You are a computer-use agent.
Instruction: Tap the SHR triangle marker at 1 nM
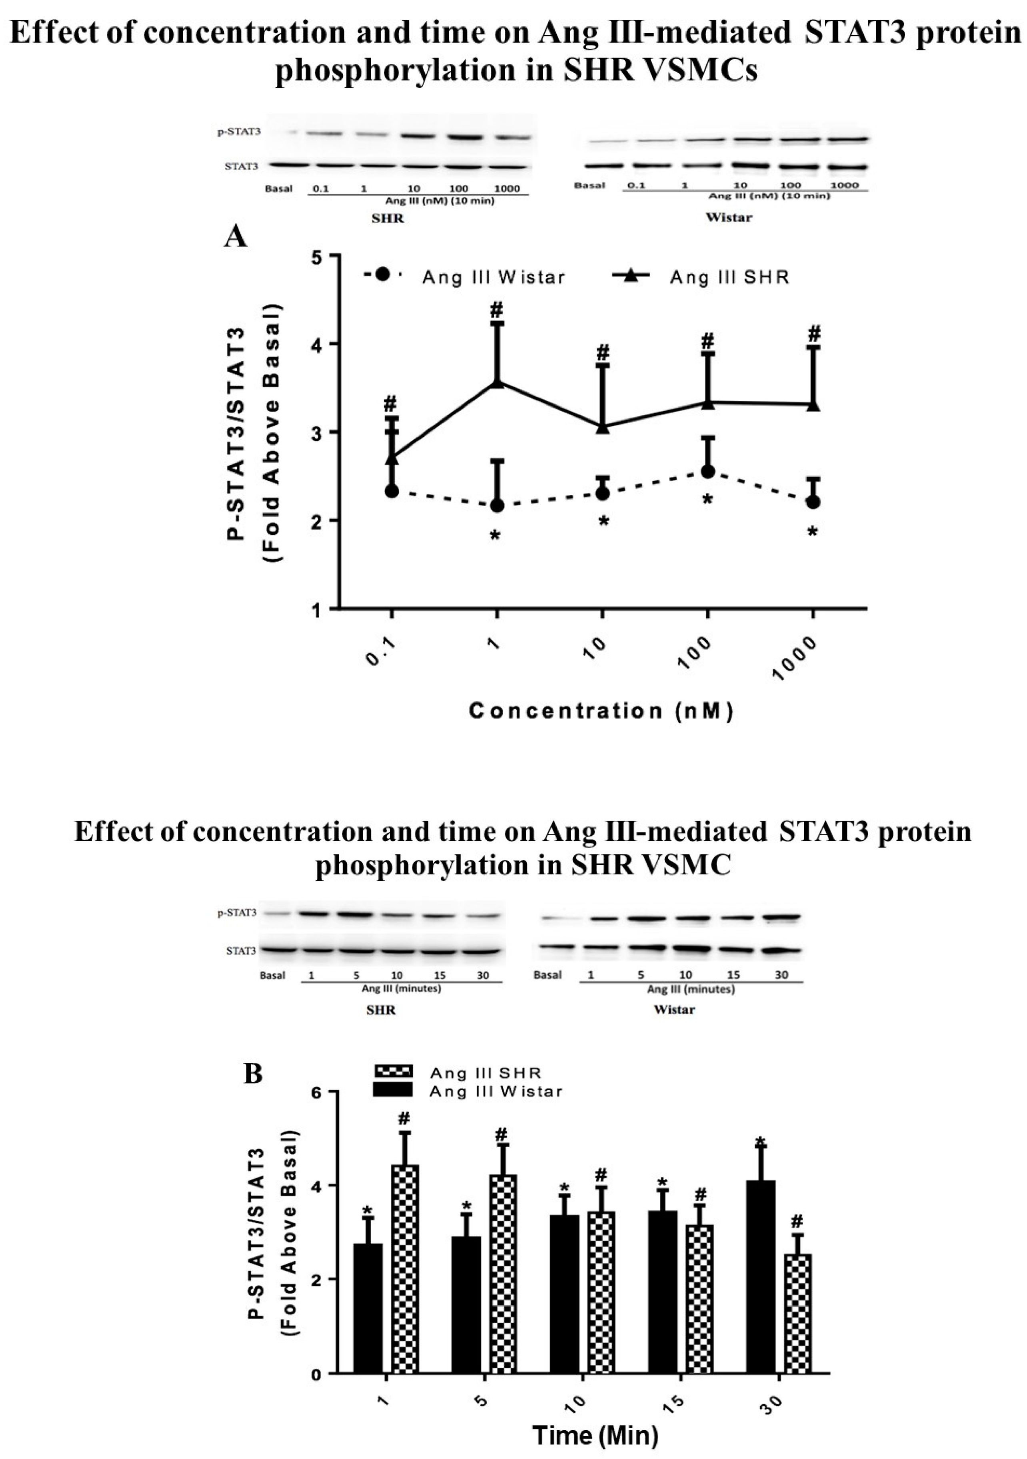(x=497, y=382)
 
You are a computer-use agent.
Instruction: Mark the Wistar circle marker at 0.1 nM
(x=392, y=491)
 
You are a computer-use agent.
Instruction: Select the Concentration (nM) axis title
(x=601, y=711)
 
